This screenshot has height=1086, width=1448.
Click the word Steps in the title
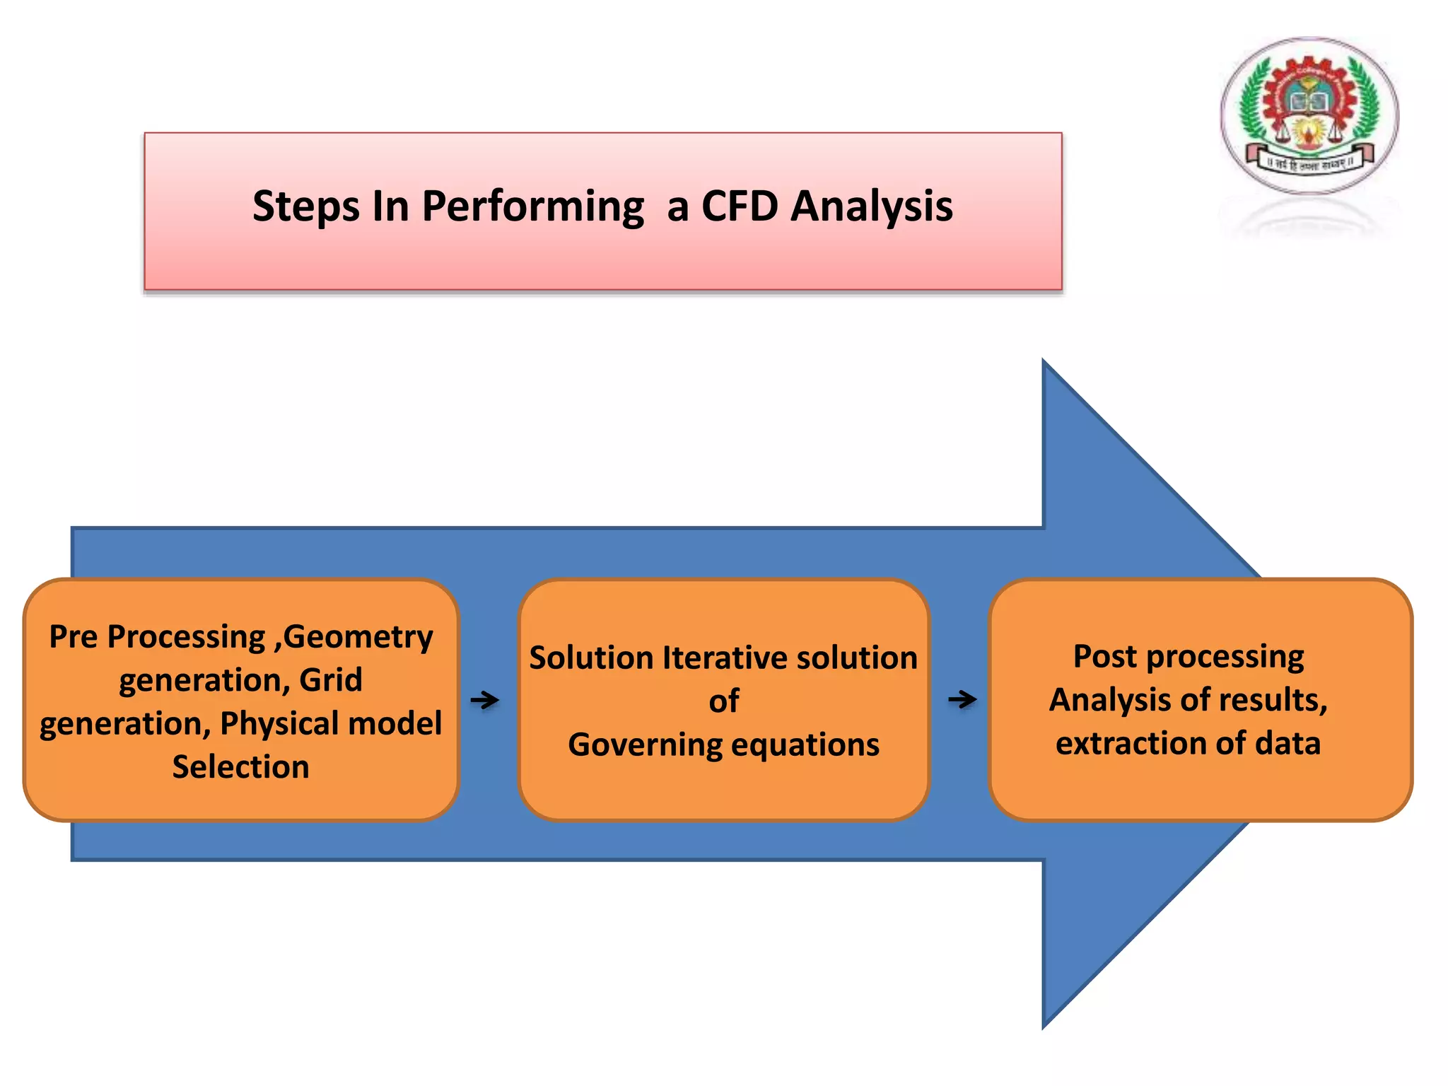point(305,206)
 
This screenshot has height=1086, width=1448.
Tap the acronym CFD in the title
point(740,206)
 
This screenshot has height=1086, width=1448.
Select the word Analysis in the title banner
point(871,206)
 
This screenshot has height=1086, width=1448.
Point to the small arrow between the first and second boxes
point(485,700)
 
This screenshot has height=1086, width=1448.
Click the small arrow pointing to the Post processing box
point(962,699)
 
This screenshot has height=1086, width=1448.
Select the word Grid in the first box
point(330,680)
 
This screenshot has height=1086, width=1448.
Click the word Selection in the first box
point(240,767)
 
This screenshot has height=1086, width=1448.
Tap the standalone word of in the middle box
point(723,701)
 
